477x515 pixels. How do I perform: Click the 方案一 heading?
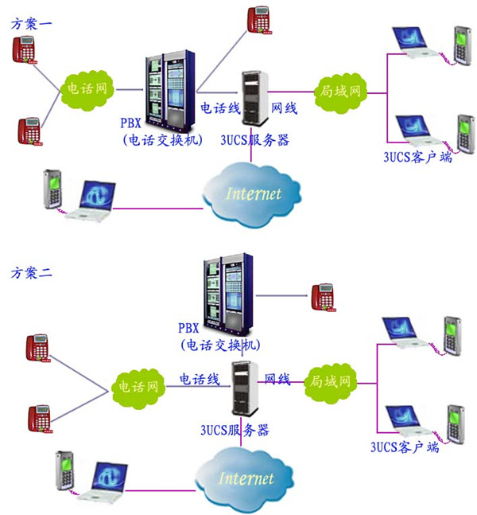[32, 24]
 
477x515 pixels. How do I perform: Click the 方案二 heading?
[32, 273]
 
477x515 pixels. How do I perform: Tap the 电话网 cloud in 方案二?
[138, 388]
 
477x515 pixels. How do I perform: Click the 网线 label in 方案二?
[277, 379]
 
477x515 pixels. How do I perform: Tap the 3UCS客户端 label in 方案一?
[417, 158]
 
